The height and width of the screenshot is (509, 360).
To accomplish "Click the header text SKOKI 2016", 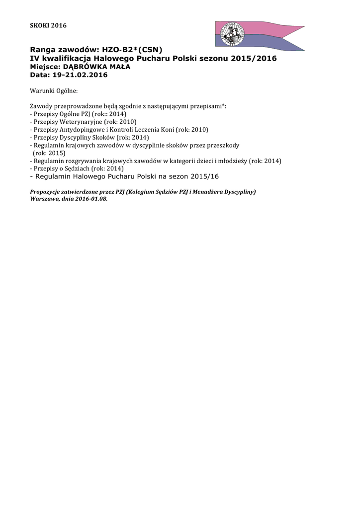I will point(48,25).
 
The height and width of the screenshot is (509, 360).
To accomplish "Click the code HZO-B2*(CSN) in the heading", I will point(132,50).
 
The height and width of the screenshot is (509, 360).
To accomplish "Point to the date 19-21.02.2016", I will point(80,75).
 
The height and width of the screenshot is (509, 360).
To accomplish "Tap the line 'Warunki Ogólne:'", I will point(54,91).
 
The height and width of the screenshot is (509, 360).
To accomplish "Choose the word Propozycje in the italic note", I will point(46,191).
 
